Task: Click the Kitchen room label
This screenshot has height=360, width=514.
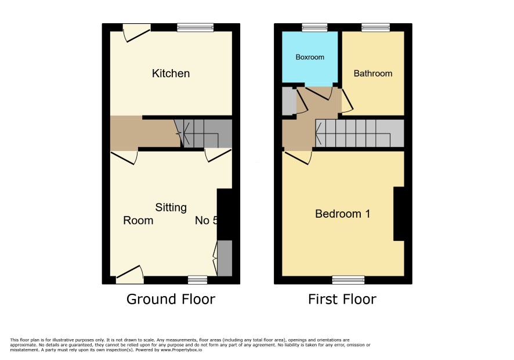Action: coord(171,73)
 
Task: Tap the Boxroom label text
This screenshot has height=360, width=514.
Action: coord(310,57)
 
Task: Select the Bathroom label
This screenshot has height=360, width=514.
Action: coord(372,73)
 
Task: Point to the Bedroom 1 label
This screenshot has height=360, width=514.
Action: coord(342,214)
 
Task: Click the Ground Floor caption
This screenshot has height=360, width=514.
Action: coord(171,299)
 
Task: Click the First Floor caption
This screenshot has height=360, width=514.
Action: coord(342,299)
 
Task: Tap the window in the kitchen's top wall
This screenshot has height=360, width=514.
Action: coord(196,27)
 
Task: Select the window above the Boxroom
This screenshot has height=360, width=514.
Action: coord(314,27)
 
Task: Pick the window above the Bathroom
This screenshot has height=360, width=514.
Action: coord(376,27)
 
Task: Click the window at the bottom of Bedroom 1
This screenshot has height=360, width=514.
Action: coord(348,280)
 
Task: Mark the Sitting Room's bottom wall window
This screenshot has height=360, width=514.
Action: coord(198,280)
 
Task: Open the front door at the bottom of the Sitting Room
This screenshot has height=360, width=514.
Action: coord(130,275)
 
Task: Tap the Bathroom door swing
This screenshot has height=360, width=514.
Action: coord(347,101)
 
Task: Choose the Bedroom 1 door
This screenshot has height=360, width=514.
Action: coord(298,157)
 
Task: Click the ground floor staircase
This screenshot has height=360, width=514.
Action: coord(203,133)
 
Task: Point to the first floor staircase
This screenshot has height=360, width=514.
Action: coord(360,133)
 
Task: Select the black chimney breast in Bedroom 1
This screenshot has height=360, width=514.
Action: coord(399,214)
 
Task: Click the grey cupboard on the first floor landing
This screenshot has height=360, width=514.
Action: coord(289,101)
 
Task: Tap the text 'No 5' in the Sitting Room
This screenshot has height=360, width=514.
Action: coord(206,220)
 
